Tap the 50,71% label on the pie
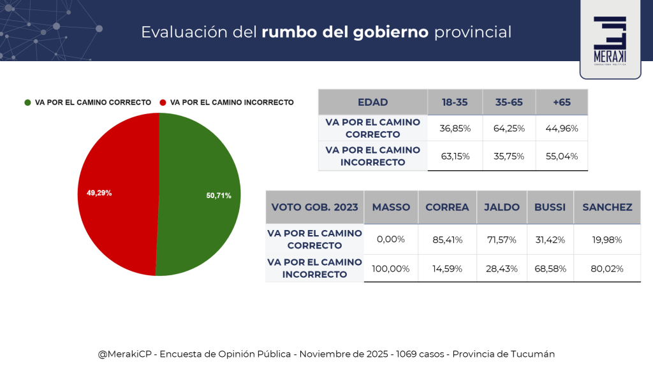pyautogui.click(x=219, y=196)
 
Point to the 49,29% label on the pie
pyautogui.click(x=99, y=192)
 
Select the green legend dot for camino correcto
pyautogui.click(x=27, y=103)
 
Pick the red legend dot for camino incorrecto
pyautogui.click(x=163, y=103)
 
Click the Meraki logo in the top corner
pyautogui.click(x=610, y=39)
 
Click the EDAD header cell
pyautogui.click(x=372, y=103)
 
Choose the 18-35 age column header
pyautogui.click(x=455, y=103)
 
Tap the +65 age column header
pyautogui.click(x=562, y=103)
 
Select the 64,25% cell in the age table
pyautogui.click(x=509, y=129)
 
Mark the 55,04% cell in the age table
pyautogui.click(x=562, y=157)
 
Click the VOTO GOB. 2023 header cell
pyautogui.click(x=314, y=207)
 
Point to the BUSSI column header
pyautogui.click(x=550, y=207)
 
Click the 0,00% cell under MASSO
pyautogui.click(x=391, y=240)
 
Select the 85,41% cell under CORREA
pyautogui.click(x=447, y=240)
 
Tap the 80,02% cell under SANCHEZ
pyautogui.click(x=606, y=268)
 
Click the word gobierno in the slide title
pyautogui.click(x=390, y=31)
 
